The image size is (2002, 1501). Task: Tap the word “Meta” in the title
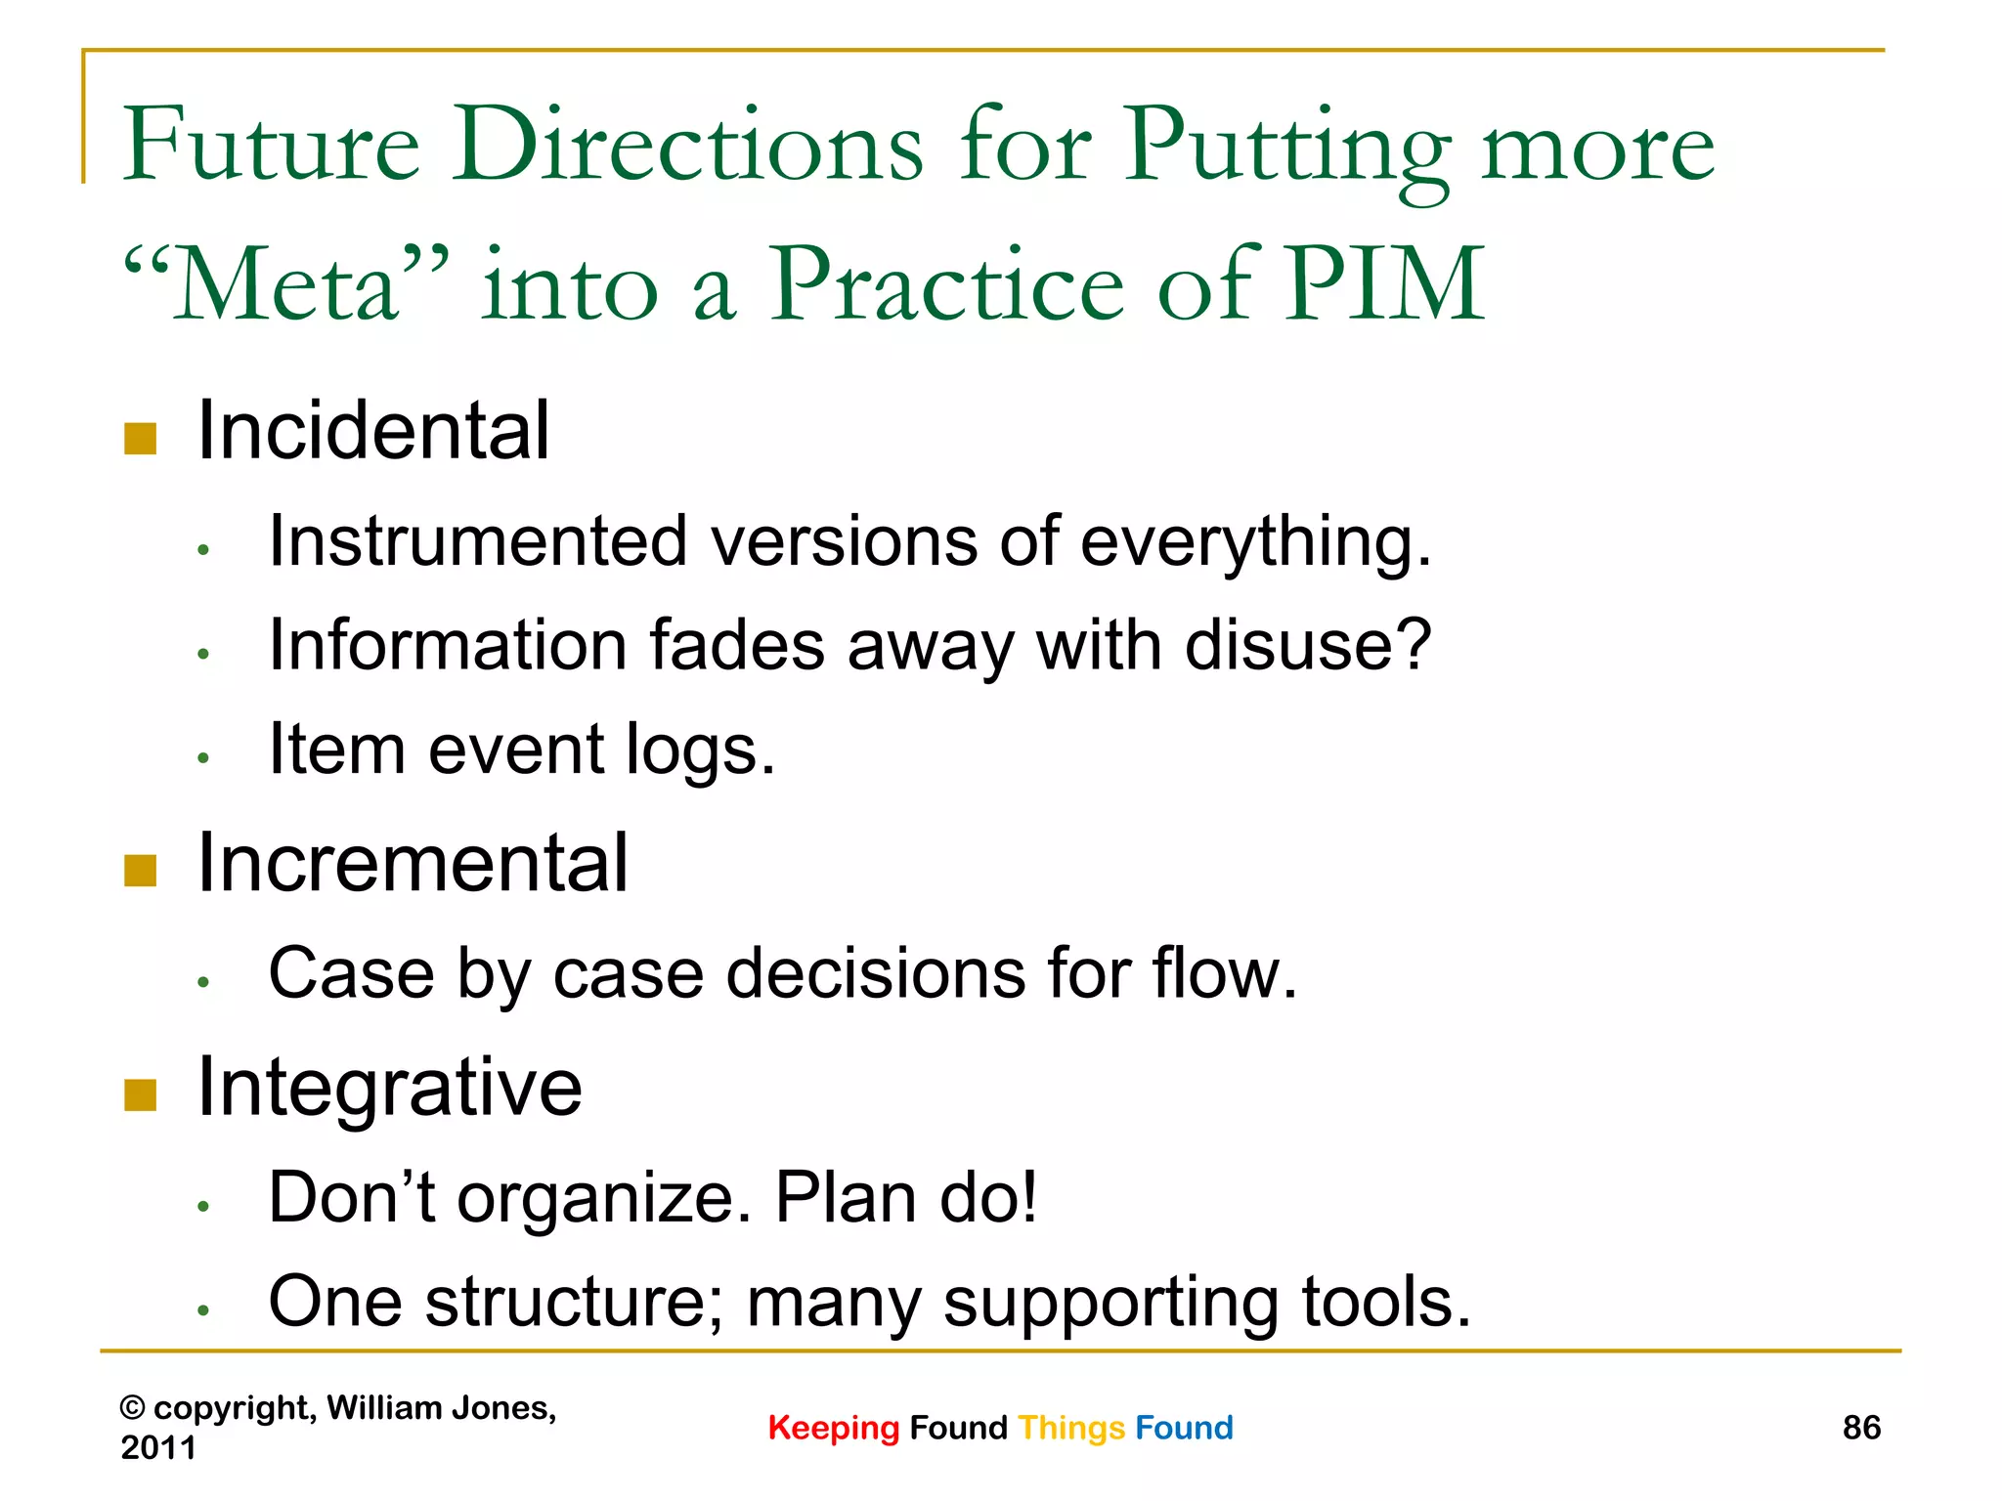click(287, 285)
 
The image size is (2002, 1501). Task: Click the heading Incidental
click(373, 431)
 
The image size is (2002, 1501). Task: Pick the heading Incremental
click(413, 864)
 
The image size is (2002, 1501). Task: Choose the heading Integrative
click(389, 1088)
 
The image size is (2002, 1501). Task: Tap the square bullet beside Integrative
click(141, 1095)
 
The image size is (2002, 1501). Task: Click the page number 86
click(1861, 1428)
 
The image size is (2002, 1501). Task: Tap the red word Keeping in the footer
click(833, 1429)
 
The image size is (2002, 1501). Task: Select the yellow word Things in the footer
click(1071, 1429)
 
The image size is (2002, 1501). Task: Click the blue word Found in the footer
click(1184, 1429)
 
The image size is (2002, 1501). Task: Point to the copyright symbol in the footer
click(133, 1409)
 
